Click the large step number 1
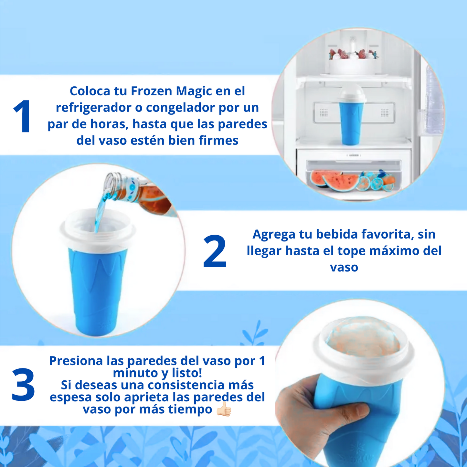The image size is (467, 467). click(22, 116)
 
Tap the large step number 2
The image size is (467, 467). click(215, 251)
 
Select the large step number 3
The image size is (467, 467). click(23, 385)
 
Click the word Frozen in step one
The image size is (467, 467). click(152, 91)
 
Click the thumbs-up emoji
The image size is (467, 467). click(224, 409)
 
